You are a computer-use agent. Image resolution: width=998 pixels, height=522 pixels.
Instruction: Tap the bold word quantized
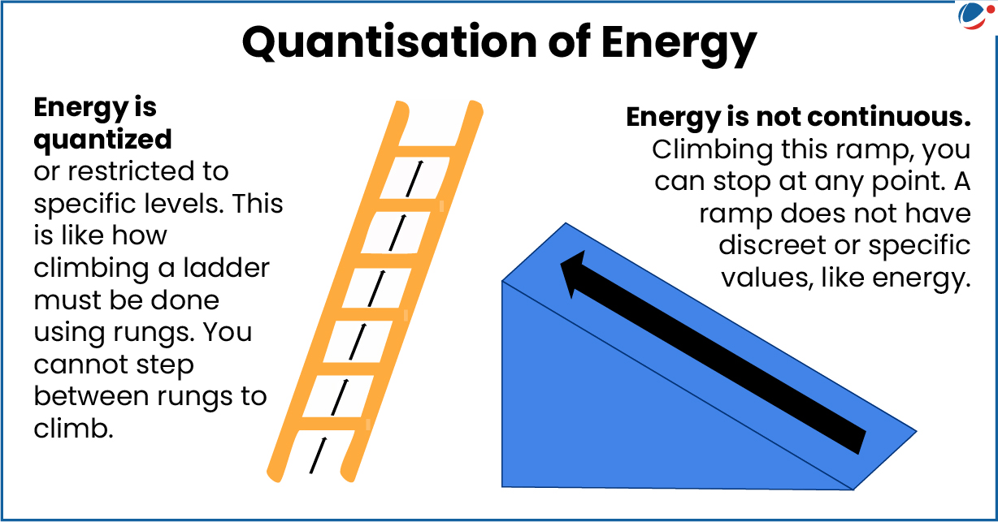102,139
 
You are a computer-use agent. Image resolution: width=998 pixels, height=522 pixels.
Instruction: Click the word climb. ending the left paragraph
72,429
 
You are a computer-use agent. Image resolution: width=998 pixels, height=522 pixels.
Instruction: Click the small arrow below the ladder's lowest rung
319,455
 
